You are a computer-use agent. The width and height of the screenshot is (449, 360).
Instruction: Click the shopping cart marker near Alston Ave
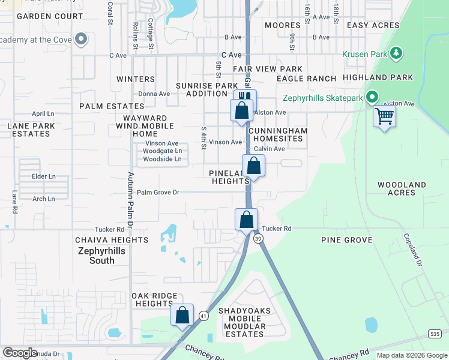click(x=384, y=116)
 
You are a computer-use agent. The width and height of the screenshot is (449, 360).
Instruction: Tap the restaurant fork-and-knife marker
click(x=245, y=98)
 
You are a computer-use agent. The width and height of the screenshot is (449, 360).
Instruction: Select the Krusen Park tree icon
click(x=396, y=54)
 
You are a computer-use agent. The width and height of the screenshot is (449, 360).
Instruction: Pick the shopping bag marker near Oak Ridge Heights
click(x=182, y=315)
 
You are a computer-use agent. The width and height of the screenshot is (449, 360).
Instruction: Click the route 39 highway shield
click(x=258, y=238)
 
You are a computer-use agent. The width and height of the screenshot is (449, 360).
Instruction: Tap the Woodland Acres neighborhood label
click(x=402, y=189)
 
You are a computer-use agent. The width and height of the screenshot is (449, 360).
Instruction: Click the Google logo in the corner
click(x=20, y=353)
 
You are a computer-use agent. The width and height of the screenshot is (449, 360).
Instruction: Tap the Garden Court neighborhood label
click(x=50, y=16)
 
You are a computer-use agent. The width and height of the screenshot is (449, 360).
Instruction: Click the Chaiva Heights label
click(x=112, y=240)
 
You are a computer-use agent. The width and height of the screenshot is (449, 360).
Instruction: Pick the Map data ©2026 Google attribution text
click(x=411, y=355)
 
